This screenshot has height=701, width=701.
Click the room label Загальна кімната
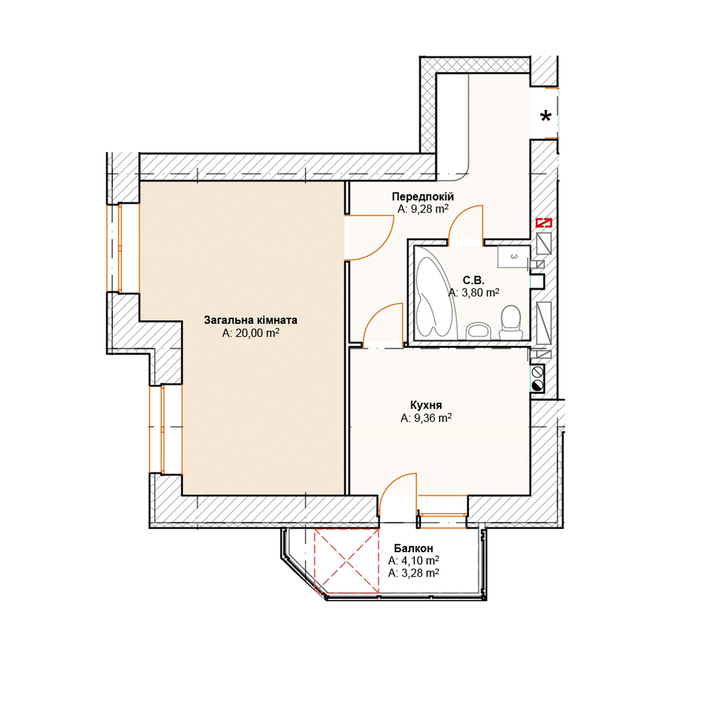point(251,320)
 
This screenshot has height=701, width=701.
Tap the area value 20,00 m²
point(257,333)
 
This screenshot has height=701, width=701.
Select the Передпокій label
point(423,197)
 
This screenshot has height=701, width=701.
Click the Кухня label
point(426,405)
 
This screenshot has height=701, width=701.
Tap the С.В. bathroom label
point(473,280)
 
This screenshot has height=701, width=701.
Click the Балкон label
point(414,548)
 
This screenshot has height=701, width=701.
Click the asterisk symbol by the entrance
point(546,117)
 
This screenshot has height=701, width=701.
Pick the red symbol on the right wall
point(544,222)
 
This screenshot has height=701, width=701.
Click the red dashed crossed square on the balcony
point(347,561)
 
